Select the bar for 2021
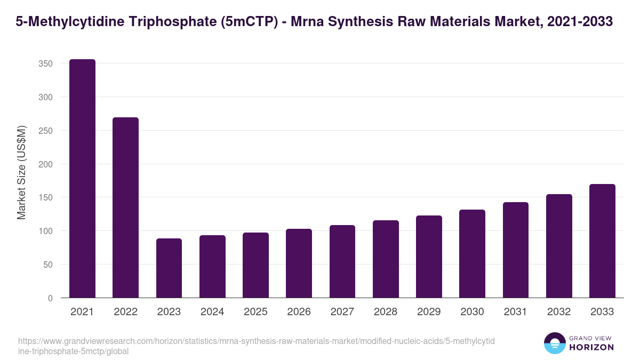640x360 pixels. [x=82, y=179]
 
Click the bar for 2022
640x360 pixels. [x=125, y=207]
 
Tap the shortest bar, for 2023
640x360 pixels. [x=169, y=268]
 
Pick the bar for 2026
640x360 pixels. [x=299, y=263]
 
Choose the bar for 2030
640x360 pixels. [x=472, y=254]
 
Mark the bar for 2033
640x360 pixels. [x=602, y=241]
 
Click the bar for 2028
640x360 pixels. [x=386, y=259]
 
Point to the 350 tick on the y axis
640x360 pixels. [x=46, y=64]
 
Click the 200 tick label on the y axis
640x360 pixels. [x=46, y=164]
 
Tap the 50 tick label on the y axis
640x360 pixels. [x=48, y=265]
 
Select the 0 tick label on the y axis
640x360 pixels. [x=50, y=298]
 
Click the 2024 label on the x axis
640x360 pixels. [x=212, y=312]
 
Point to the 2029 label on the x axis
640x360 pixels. [x=429, y=312]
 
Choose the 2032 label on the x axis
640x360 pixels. [x=559, y=312]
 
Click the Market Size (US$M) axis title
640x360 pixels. [x=21, y=172]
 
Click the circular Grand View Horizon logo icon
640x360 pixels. [x=554, y=343]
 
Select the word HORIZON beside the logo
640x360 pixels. [x=591, y=347]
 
